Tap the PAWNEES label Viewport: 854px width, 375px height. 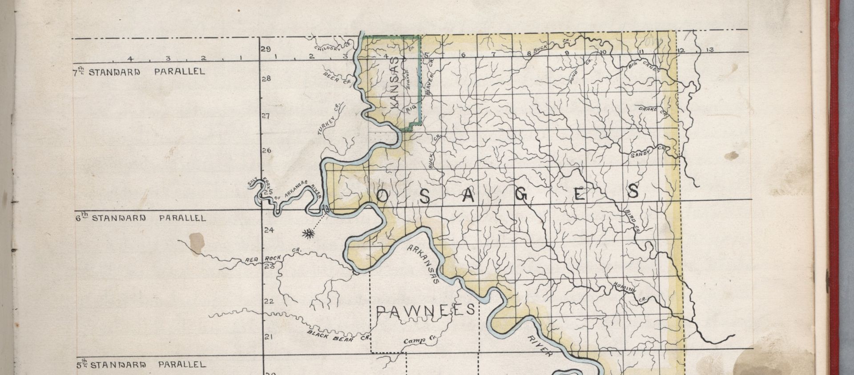[426, 310]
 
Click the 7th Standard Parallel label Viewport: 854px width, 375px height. [139, 72]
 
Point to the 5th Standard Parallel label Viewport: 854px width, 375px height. [140, 365]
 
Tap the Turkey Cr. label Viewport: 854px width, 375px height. [329, 120]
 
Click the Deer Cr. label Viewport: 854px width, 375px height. [337, 77]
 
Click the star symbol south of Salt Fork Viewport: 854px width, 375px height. [306, 233]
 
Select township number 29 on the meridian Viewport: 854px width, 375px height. [266, 49]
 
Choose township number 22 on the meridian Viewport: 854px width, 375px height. [269, 301]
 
